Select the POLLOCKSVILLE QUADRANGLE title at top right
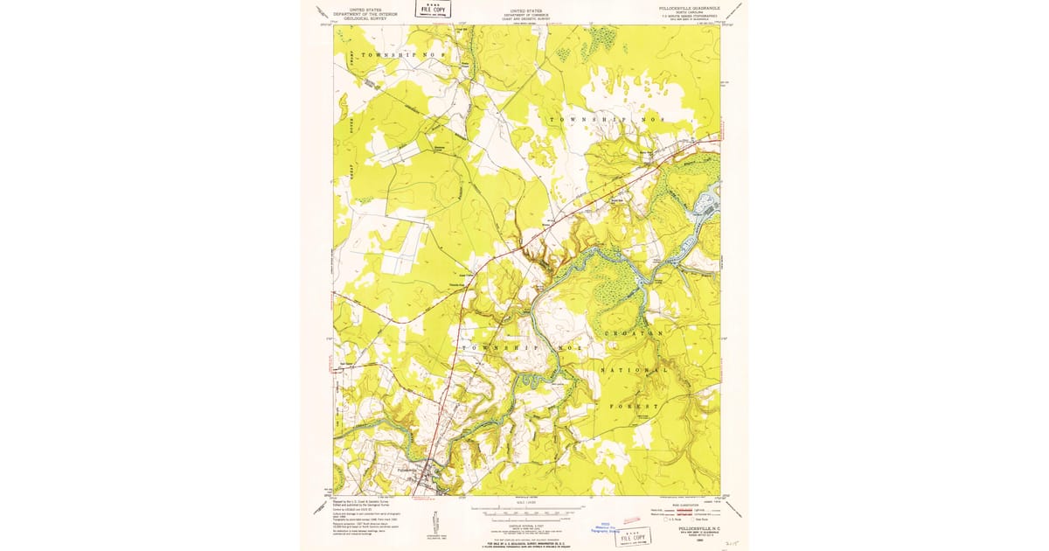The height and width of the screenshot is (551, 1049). point(683,7)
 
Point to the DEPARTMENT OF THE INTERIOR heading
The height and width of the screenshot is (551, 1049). point(365,14)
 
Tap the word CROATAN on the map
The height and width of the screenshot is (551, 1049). point(633,334)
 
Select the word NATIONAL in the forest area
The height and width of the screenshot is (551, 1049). point(635,370)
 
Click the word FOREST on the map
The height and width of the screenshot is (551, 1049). point(635,406)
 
